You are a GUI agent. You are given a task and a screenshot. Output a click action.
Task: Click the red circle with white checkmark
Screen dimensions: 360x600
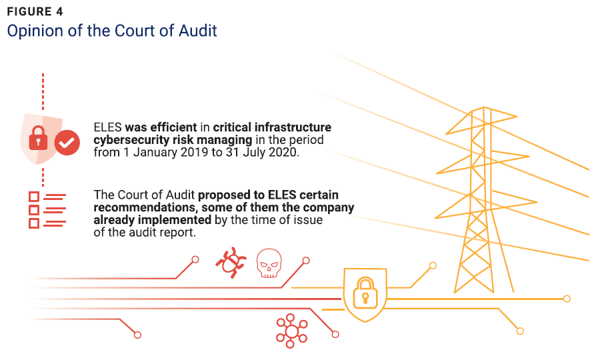point(67,142)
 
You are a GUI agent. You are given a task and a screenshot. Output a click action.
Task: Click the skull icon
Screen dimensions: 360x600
point(269,263)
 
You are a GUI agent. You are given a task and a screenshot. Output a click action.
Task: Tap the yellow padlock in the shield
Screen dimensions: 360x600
point(363,292)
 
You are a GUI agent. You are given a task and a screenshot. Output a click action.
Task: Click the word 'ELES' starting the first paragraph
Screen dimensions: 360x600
point(107,127)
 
